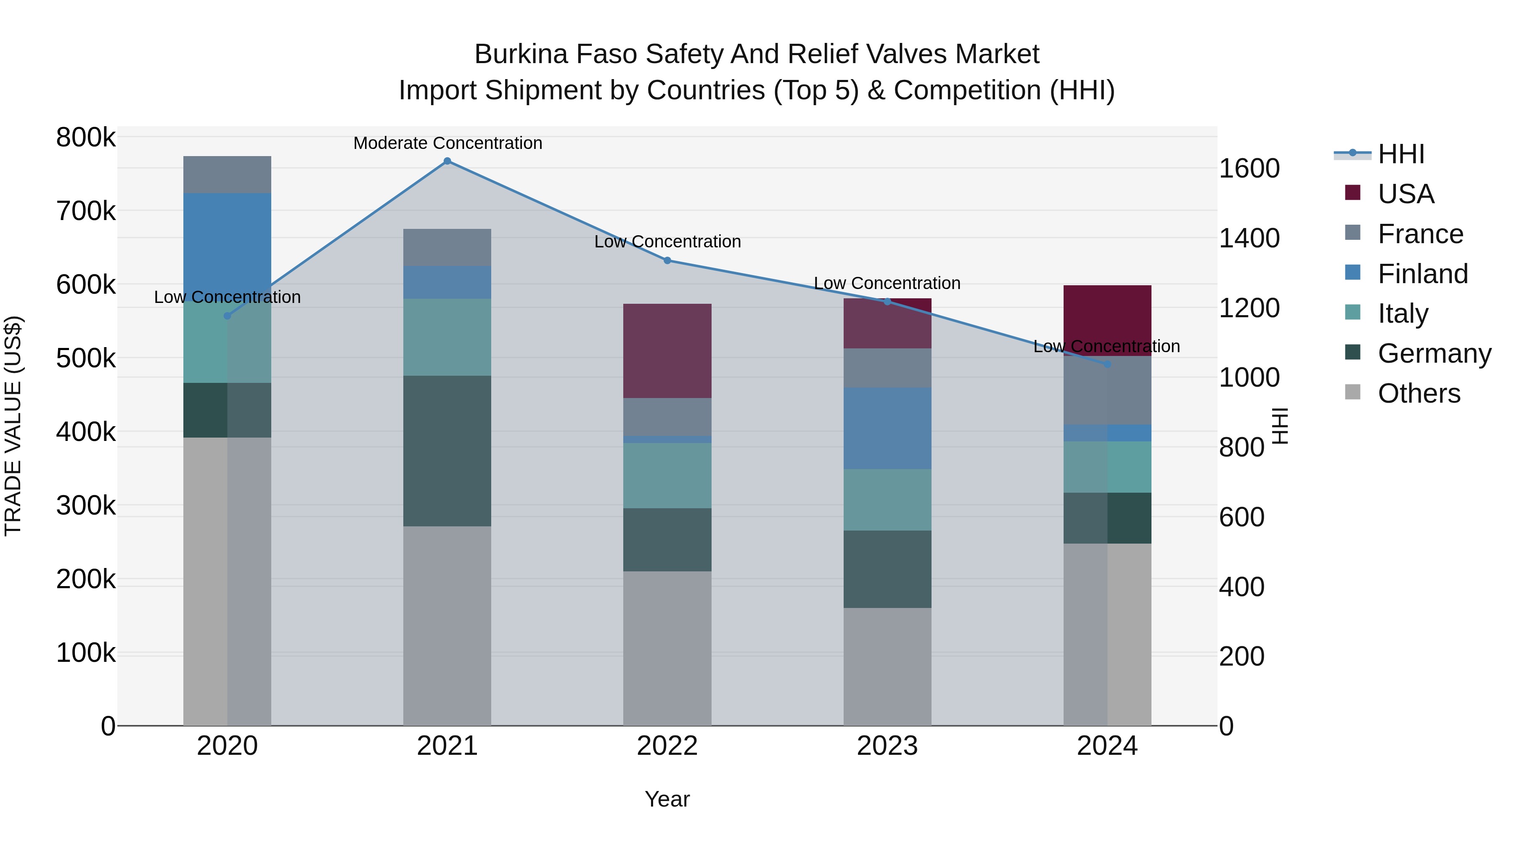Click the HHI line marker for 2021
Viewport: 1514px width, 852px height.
447,161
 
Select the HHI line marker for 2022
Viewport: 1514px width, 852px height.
667,260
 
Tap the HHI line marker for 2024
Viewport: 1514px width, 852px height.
1107,364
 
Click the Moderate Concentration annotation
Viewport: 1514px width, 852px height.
447,143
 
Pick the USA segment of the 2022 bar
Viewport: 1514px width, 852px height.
667,351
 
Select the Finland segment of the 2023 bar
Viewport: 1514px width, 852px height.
887,428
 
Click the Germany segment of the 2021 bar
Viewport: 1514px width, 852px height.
447,451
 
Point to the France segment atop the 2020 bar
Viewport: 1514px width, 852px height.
228,175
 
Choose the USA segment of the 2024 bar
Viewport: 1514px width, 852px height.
1107,321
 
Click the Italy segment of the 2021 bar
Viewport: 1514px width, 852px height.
447,337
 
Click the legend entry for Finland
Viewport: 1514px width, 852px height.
1422,274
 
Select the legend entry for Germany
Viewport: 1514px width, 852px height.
1434,353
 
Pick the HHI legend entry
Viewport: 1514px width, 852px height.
1400,154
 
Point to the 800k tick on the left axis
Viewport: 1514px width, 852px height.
86,138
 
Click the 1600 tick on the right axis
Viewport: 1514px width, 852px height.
1249,169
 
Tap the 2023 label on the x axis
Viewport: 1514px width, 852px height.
887,746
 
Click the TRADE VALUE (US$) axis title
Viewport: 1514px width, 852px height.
13,426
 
